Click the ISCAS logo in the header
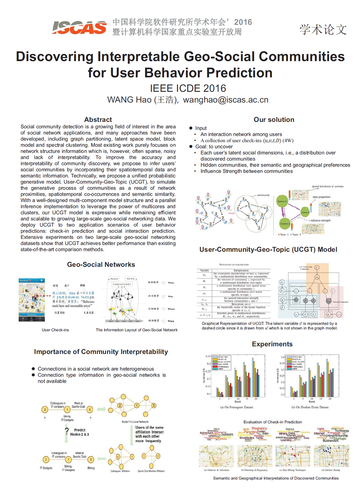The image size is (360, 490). [x=79, y=27]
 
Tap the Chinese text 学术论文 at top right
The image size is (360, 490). [x=323, y=30]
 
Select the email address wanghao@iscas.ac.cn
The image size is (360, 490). [x=226, y=100]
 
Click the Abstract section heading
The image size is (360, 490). [x=98, y=119]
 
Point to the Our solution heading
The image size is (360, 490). [x=274, y=119]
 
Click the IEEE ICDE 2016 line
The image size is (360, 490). [x=188, y=88]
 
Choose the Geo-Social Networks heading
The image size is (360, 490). [x=101, y=264]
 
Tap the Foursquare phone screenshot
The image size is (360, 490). [x=32, y=300]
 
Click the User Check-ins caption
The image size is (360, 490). [x=55, y=330]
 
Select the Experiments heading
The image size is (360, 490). [x=272, y=344]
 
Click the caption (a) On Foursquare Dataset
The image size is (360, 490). [x=237, y=407]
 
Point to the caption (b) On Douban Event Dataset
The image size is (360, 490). [x=310, y=407]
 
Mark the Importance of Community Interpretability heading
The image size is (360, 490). [x=101, y=351]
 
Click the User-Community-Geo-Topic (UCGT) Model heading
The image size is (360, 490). [x=268, y=249]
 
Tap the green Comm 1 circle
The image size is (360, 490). [x=282, y=201]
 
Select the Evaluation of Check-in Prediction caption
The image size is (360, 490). [x=273, y=422]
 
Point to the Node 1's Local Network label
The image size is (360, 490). [x=135, y=422]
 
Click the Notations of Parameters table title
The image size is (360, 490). [x=234, y=264]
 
